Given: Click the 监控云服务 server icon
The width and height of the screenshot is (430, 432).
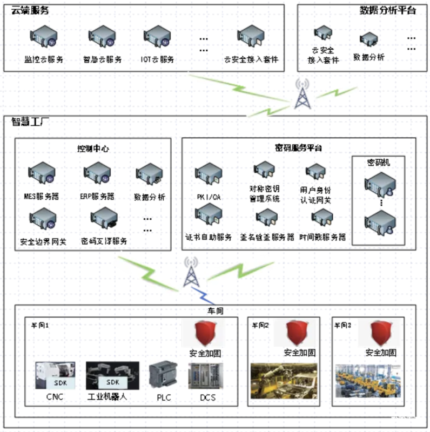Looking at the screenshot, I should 44,38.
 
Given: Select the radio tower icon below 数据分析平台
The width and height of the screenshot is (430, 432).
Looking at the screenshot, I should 301,94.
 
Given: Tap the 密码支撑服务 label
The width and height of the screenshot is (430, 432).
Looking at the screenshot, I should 104,241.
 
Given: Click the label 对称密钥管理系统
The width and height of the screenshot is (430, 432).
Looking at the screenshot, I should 265,194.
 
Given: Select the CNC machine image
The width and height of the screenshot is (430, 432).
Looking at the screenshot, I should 55,375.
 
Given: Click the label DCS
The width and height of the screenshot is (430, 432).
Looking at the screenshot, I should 207,398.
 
